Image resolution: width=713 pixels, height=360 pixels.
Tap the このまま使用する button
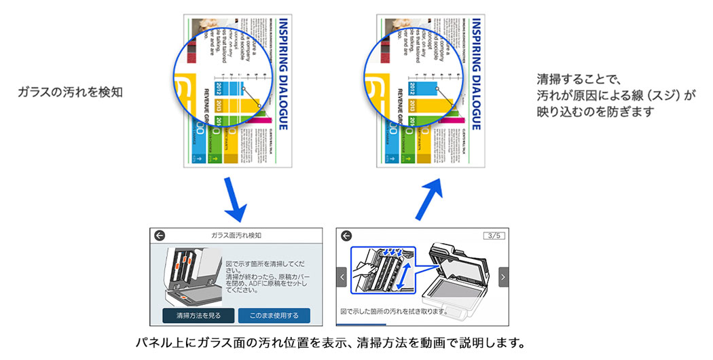click(273, 315)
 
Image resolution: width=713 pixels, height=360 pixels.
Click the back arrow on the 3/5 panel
click(346, 236)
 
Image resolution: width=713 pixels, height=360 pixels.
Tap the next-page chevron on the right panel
click(503, 276)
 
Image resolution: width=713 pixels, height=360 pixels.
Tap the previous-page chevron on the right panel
click(342, 276)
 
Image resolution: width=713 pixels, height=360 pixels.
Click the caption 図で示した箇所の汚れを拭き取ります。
click(394, 311)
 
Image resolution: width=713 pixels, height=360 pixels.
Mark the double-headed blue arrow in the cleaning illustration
click(405, 277)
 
